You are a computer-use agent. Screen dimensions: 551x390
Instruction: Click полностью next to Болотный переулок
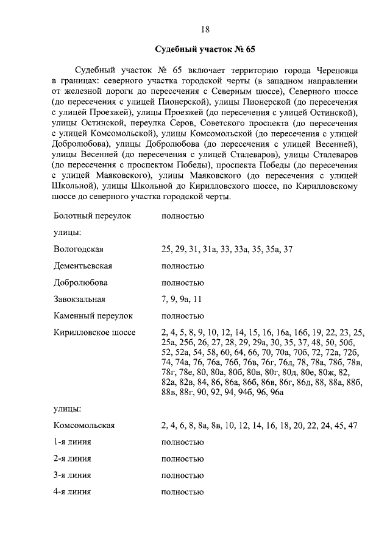click(182, 216)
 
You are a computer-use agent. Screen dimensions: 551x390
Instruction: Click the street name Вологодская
click(79, 250)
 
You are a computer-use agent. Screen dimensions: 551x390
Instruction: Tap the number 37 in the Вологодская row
click(288, 250)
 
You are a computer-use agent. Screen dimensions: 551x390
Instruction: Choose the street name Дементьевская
click(83, 266)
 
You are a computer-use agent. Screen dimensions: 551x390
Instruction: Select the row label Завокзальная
click(80, 299)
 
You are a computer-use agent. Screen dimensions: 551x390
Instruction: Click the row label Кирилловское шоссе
click(94, 332)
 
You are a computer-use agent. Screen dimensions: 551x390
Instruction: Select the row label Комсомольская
click(84, 425)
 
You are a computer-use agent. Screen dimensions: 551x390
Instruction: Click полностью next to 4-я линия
click(182, 492)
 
